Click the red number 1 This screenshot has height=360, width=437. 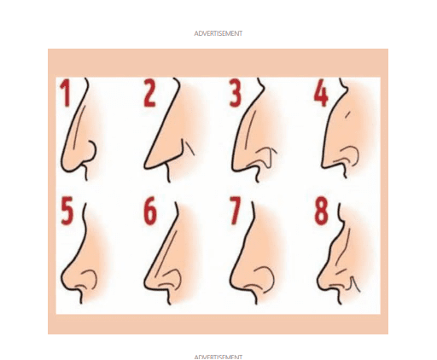[66, 93]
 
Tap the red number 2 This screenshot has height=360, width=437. [149, 93]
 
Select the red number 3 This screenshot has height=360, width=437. [236, 93]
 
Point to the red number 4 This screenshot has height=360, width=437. [321, 93]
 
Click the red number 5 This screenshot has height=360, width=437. [67, 211]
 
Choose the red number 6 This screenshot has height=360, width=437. [150, 211]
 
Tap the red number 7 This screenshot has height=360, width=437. [235, 211]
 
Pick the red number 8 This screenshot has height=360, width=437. [322, 211]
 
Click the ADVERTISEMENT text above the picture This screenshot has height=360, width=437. [218, 33]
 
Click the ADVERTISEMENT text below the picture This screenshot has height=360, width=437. [218, 357]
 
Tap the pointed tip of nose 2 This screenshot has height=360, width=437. [146, 165]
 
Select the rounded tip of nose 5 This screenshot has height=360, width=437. [63, 279]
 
